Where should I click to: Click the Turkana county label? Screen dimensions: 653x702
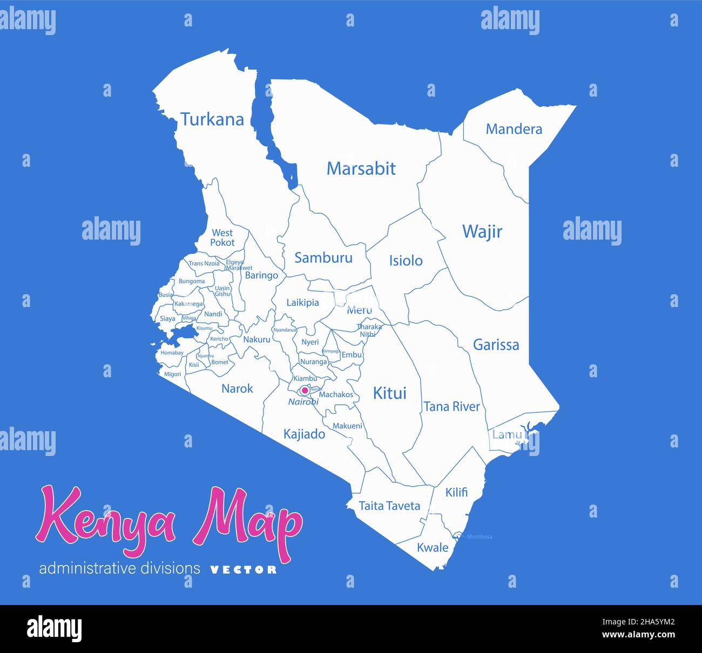pos(212,119)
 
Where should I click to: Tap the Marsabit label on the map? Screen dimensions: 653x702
pos(361,168)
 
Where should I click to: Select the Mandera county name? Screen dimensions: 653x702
pos(514,129)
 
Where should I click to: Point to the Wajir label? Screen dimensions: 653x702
pos(482,232)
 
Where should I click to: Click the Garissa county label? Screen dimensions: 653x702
pos(496,345)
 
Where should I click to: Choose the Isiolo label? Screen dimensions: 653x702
pos(406,261)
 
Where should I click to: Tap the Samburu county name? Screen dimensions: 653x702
pos(323,258)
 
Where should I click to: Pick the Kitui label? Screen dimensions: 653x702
pos(389,393)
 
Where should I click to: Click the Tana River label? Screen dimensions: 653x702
pos(451,406)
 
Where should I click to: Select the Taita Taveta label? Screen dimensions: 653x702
pos(389,506)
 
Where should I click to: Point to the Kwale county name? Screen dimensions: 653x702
pos(433,548)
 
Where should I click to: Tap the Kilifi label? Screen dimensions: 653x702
pos(456,492)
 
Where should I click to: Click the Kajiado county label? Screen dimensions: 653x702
pos(304,434)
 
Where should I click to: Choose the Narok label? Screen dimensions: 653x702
pos(237,389)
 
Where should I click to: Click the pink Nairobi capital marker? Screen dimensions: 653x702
pos(305,390)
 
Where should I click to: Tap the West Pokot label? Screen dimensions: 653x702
pos(222,237)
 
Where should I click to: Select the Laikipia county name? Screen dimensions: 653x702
pos(302,303)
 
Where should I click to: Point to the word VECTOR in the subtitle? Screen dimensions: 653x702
pos(243,569)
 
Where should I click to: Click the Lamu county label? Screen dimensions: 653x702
pos(507,434)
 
